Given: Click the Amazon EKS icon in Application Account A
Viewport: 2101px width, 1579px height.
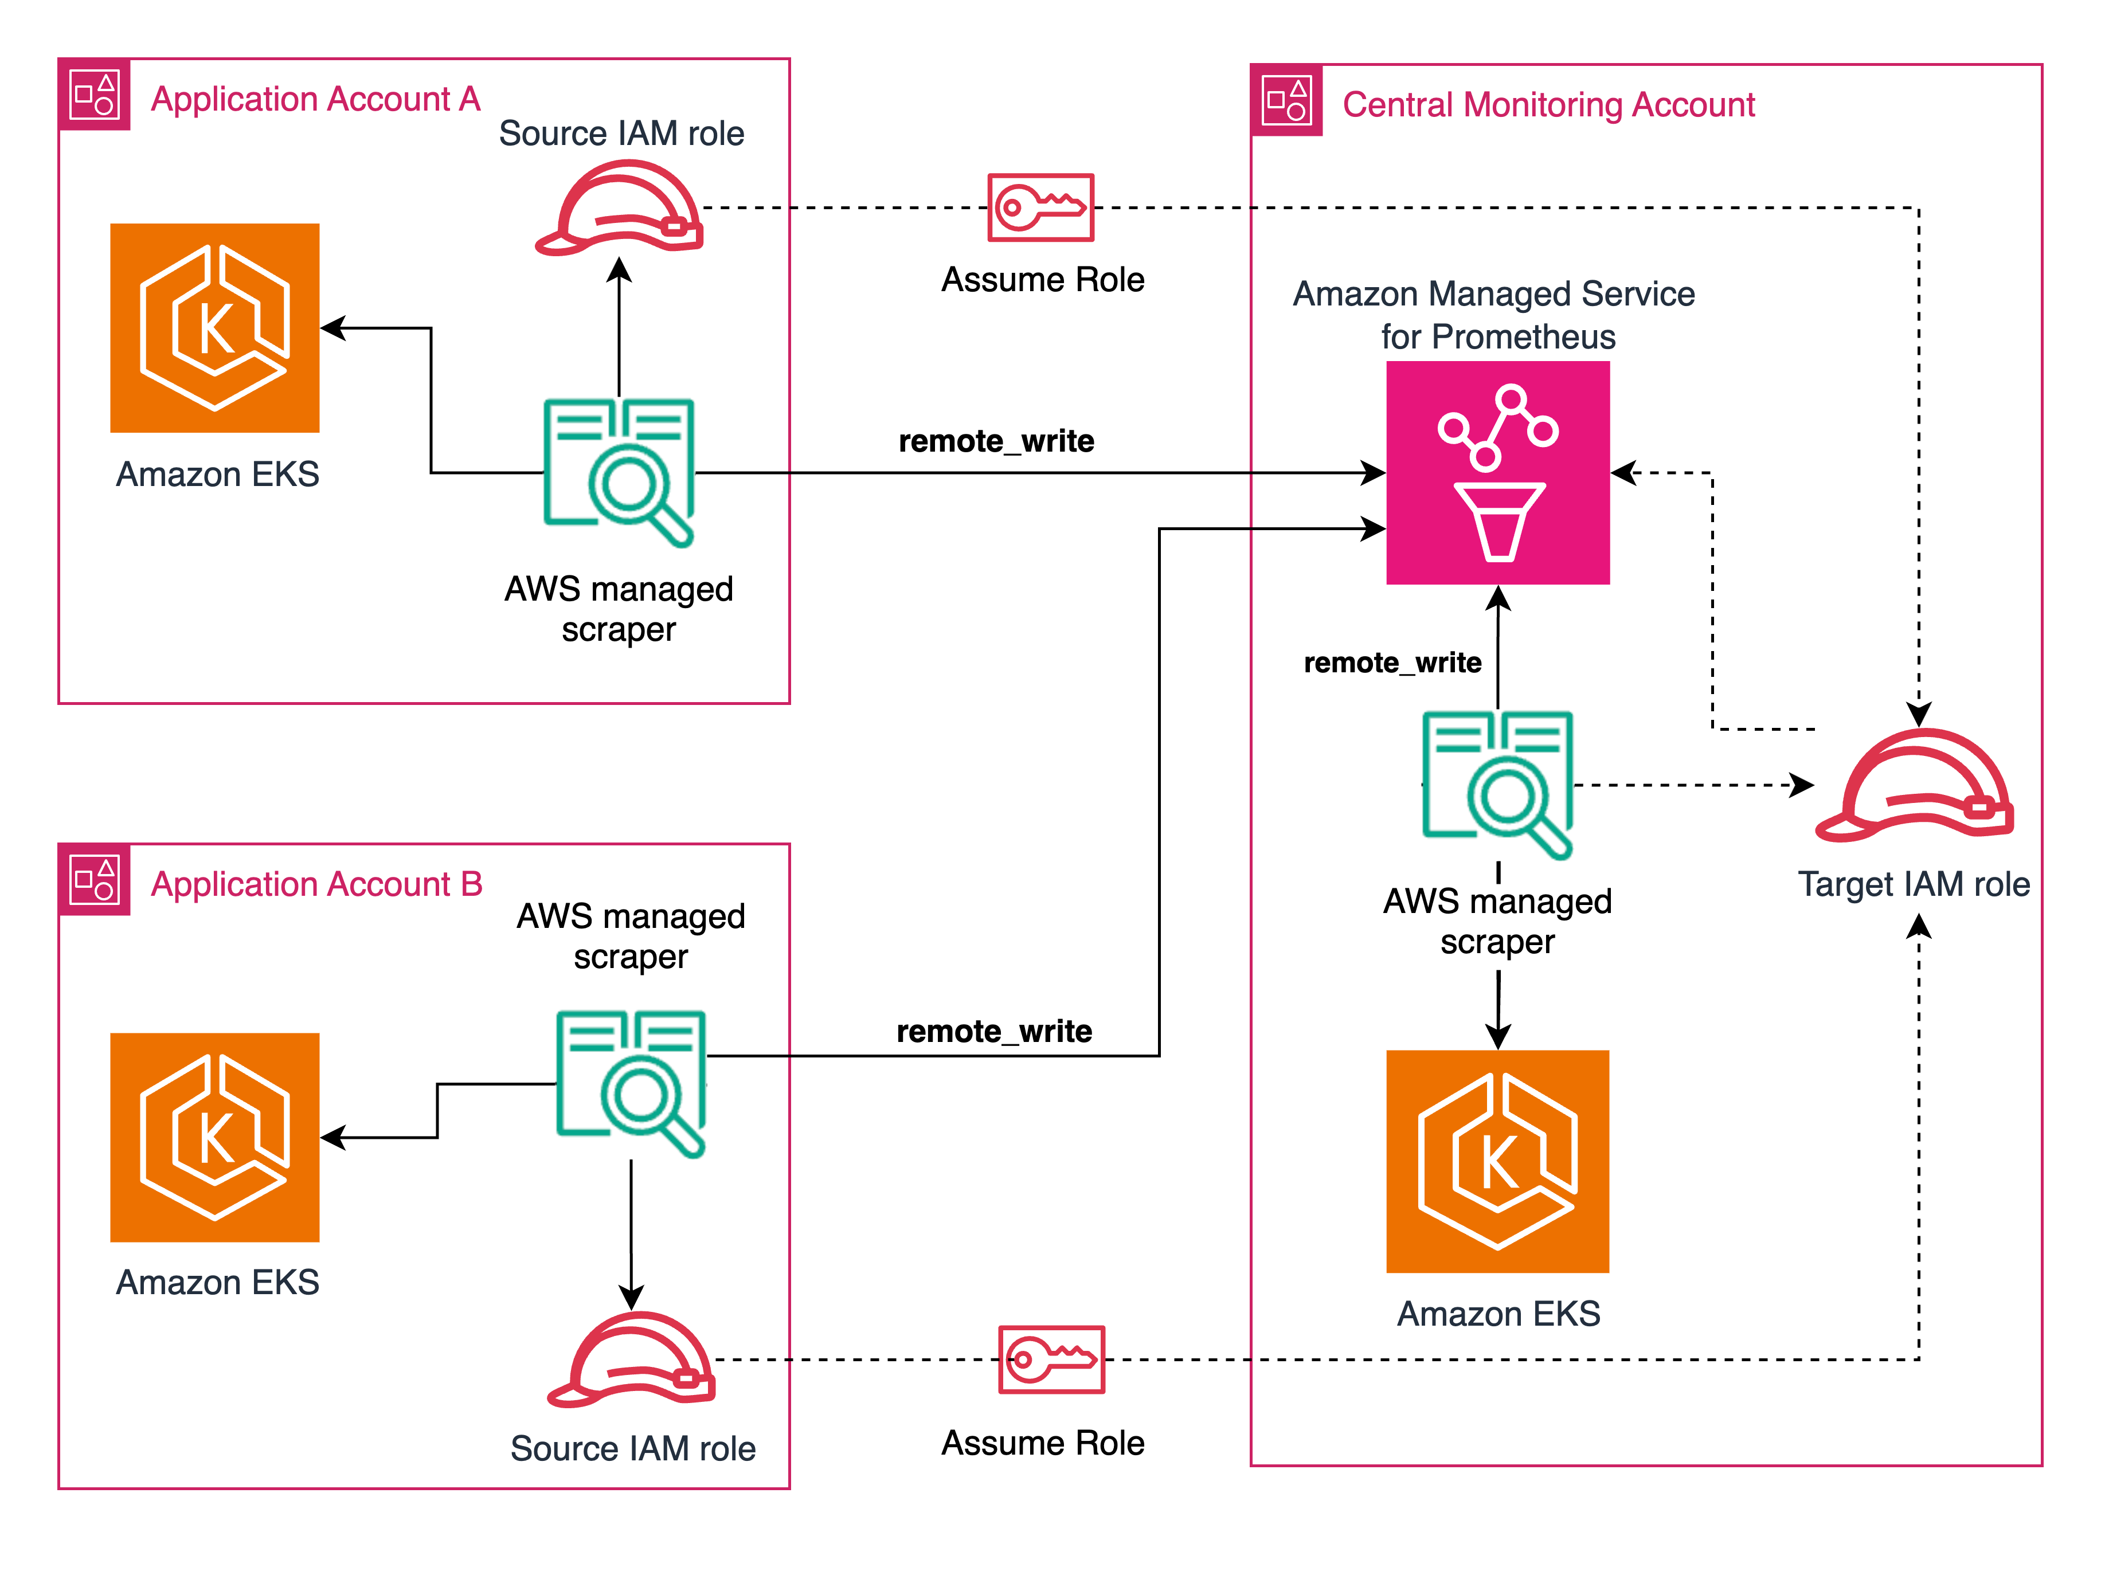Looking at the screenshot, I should (x=214, y=328).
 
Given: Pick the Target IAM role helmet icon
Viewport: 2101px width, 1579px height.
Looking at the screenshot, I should (x=1914, y=786).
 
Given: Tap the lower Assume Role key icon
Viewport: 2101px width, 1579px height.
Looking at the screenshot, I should (x=1051, y=1359).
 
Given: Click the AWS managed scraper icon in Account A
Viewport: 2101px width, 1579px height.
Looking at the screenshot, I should (x=619, y=472).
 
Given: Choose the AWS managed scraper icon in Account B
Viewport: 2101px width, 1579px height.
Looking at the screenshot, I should (x=632, y=1083).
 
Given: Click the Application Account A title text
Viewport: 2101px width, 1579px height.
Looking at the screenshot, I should (x=315, y=99).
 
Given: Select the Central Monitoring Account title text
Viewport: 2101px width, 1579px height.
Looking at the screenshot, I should (x=1548, y=104).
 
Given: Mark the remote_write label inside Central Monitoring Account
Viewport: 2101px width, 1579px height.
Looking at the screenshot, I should (x=1392, y=662).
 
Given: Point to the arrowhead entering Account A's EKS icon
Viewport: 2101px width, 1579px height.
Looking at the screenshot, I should (x=331, y=328).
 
